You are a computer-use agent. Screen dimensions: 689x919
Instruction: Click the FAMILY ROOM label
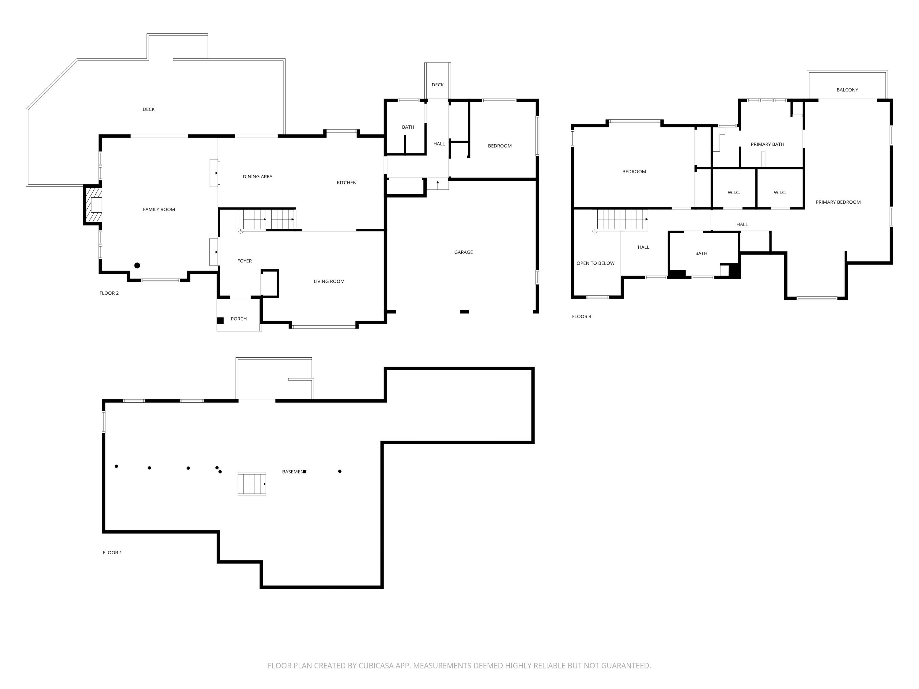pyautogui.click(x=159, y=209)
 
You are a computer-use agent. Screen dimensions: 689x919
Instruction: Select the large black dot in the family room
pyautogui.click(x=137, y=265)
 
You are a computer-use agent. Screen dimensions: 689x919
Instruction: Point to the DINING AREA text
pyautogui.click(x=257, y=176)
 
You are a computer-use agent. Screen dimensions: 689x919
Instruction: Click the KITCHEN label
pyautogui.click(x=346, y=183)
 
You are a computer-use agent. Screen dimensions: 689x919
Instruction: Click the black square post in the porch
pyautogui.click(x=220, y=321)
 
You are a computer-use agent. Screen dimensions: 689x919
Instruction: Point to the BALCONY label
pyautogui.click(x=847, y=90)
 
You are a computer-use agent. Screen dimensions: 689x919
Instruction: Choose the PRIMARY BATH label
pyautogui.click(x=767, y=144)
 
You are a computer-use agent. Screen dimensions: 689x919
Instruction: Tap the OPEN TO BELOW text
pyautogui.click(x=595, y=263)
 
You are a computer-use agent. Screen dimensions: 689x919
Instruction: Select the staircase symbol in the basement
pyautogui.click(x=252, y=484)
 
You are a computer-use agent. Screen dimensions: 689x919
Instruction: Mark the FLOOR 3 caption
pyautogui.click(x=581, y=316)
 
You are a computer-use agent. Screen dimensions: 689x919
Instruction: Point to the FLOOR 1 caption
pyautogui.click(x=112, y=552)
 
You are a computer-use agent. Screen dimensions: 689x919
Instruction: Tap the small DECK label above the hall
pyautogui.click(x=437, y=85)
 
